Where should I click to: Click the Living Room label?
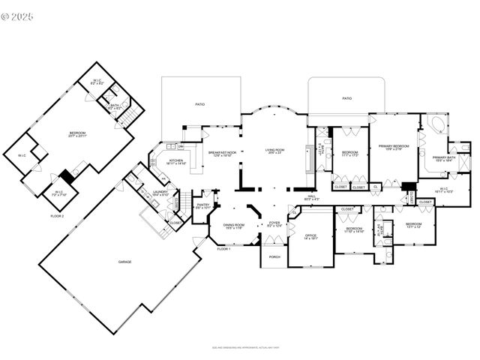point(274,151)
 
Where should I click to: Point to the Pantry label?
point(202,205)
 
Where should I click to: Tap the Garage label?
point(124,262)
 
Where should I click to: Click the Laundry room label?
point(160,193)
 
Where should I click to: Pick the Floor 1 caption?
point(223,248)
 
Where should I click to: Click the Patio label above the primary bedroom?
point(346,98)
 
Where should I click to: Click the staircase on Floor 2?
point(129,116)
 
